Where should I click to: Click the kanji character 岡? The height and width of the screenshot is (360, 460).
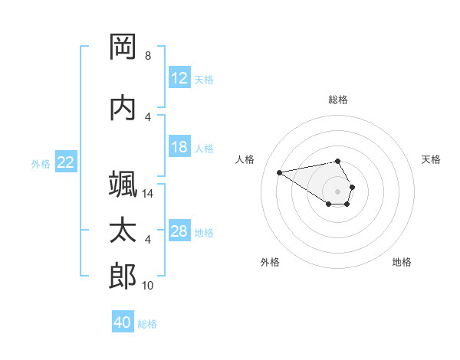pos(123,47)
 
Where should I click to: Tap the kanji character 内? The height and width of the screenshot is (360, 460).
pos(123,108)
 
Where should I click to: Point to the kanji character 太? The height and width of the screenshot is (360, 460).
pos(123,231)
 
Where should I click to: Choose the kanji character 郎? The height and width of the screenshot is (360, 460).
pos(123,277)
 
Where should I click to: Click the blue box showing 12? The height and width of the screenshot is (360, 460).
pos(179,78)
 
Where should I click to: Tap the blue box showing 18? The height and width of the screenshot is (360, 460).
pos(179,148)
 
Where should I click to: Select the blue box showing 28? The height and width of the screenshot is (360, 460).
pos(179,231)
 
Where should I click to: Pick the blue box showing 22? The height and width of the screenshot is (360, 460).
pos(66,162)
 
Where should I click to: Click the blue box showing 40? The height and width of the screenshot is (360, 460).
pos(123,322)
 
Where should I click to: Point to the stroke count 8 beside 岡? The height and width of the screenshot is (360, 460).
pos(148,56)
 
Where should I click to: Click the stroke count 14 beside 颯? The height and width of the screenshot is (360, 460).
pos(149,194)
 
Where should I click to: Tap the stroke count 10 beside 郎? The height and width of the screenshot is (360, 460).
pos(149,286)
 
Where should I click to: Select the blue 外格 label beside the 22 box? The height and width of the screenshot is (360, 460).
pos(41,163)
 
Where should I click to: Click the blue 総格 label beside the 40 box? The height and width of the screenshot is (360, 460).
pos(147,324)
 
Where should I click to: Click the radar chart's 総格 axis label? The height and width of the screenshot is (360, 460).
pos(338,100)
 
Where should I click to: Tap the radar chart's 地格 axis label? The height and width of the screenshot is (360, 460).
pos(402,262)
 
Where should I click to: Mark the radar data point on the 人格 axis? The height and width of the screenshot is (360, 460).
pos(280,172)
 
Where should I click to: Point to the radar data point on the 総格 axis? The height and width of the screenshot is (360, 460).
pos(338,162)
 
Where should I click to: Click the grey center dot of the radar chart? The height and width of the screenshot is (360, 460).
pos(338,191)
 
